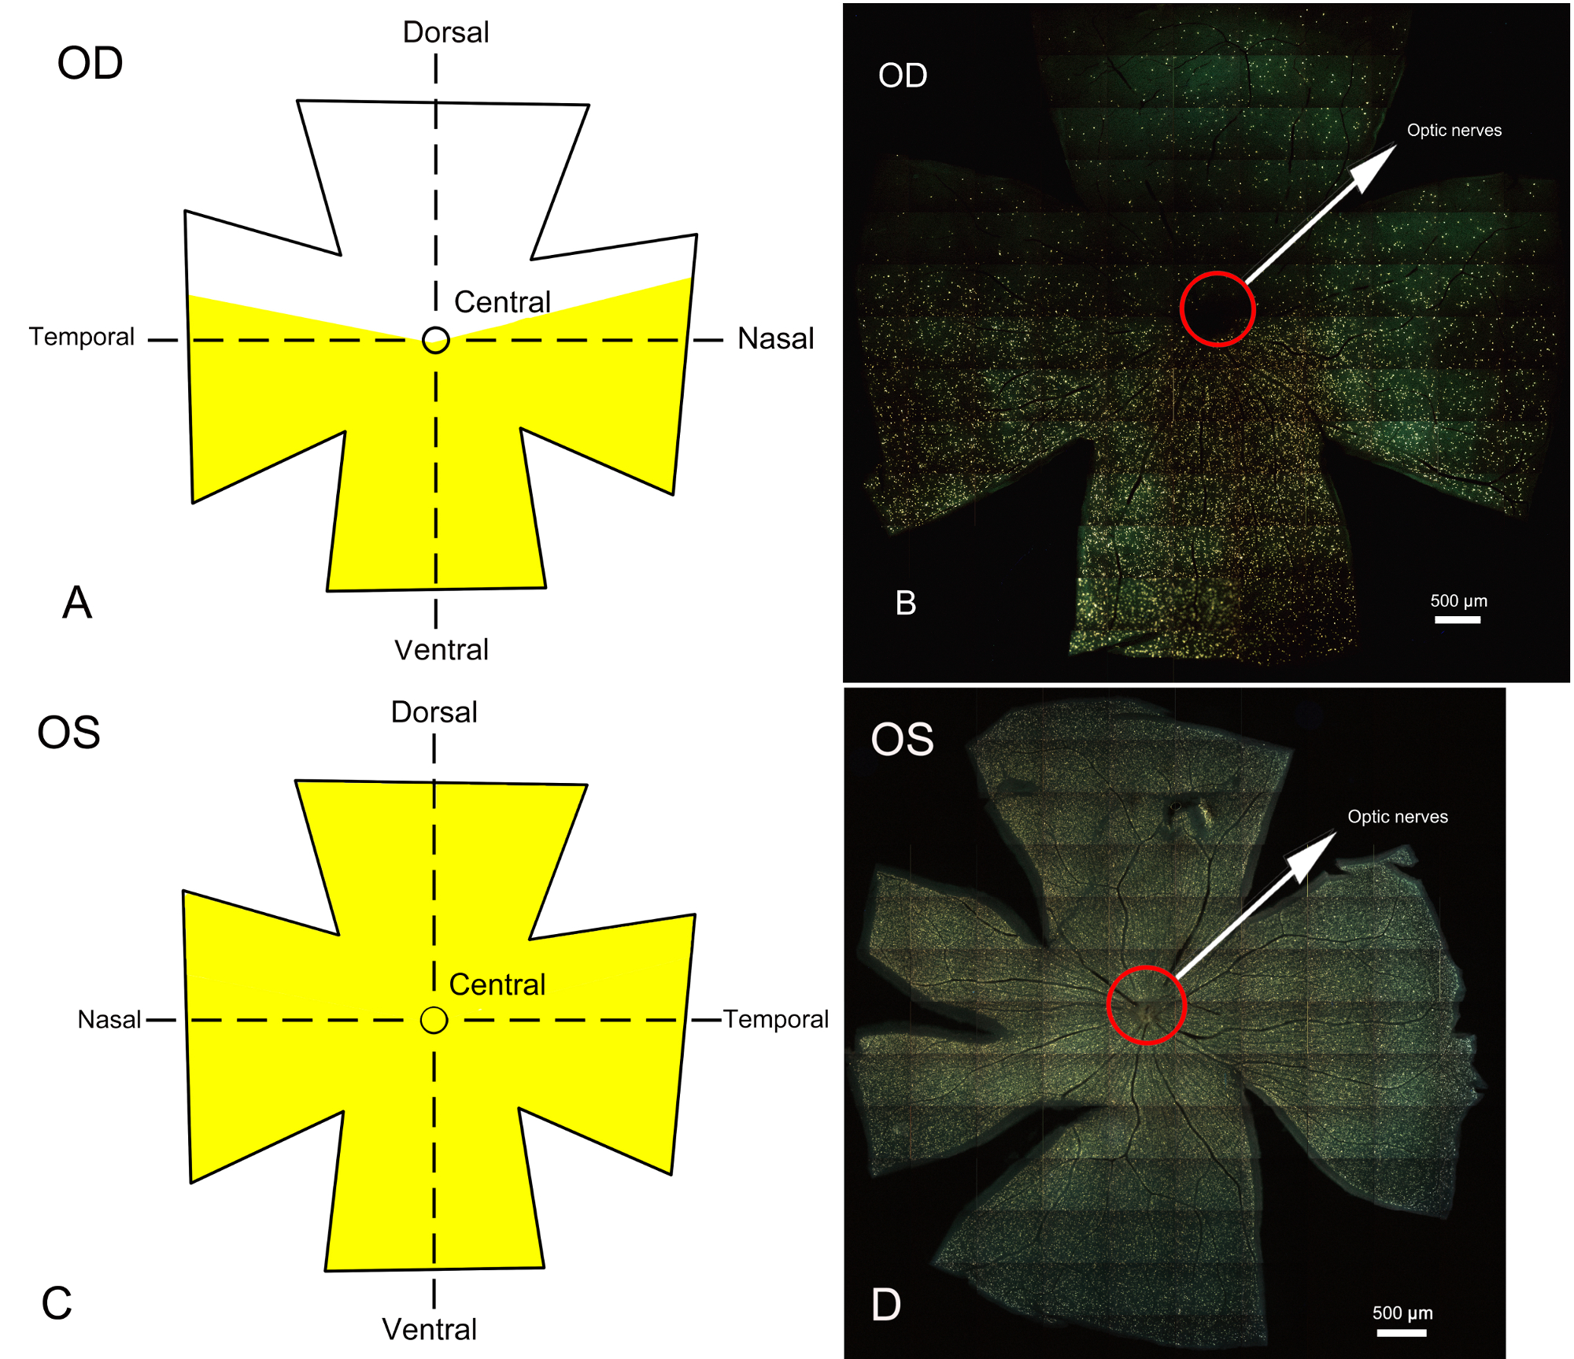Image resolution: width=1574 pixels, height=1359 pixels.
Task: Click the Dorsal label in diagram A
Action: (445, 32)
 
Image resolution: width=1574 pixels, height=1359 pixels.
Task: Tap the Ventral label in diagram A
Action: (442, 650)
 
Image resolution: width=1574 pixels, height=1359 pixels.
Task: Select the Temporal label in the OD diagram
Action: (82, 337)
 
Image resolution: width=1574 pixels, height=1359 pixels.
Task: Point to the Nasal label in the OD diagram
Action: (775, 338)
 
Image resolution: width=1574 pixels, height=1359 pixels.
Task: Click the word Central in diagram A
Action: (502, 302)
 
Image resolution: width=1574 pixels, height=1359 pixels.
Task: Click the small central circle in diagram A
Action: (436, 340)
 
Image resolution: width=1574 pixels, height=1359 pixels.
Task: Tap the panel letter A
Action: (77, 603)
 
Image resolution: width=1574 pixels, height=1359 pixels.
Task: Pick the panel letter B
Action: (906, 603)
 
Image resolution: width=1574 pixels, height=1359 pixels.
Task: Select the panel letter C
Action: (57, 1303)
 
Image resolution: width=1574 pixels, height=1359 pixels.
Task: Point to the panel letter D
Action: (886, 1305)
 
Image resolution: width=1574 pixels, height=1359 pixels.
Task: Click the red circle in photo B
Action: (1217, 308)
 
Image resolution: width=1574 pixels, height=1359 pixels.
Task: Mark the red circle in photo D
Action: (1146, 1005)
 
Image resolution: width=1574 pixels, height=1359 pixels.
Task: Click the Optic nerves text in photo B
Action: (1454, 131)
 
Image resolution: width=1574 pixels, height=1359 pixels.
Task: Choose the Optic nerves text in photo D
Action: (1398, 817)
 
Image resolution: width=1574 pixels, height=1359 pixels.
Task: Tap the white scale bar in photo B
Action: (1458, 620)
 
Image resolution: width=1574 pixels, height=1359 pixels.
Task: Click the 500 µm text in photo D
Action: (1402, 1313)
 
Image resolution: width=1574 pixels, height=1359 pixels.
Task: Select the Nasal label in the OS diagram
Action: (109, 1020)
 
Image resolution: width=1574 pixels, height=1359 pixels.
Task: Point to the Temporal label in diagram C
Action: (776, 1019)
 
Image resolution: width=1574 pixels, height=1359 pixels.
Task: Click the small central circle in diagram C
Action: (434, 1020)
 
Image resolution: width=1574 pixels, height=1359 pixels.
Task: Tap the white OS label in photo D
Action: (902, 740)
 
